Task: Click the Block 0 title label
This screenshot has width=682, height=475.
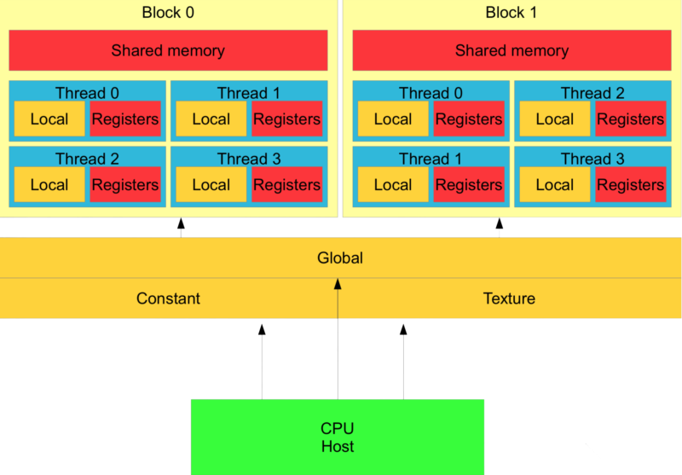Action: click(168, 13)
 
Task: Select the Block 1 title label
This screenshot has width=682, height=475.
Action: click(511, 13)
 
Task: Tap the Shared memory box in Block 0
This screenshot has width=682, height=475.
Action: click(168, 50)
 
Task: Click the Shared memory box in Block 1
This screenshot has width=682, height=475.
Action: click(512, 50)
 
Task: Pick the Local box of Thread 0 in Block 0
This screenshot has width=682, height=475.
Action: click(49, 119)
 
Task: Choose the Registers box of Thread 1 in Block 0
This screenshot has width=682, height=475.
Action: click(287, 119)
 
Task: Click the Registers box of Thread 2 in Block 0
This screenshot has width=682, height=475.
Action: click(125, 184)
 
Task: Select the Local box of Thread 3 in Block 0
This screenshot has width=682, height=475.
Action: click(211, 184)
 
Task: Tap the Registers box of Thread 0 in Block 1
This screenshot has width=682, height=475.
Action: click(469, 119)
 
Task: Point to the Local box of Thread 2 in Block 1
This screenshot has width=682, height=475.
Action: click(555, 119)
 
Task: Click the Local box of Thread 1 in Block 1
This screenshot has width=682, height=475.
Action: click(393, 184)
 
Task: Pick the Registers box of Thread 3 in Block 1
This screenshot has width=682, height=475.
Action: click(631, 184)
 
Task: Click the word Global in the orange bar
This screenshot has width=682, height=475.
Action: click(340, 258)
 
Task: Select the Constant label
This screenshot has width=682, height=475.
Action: click(168, 298)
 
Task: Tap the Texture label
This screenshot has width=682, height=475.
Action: click(509, 298)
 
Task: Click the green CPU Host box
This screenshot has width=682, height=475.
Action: click(338, 437)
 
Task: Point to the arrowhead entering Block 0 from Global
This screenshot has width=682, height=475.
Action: click(181, 223)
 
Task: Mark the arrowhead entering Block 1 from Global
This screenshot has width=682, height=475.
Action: click(500, 223)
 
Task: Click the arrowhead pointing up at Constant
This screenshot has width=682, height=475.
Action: click(262, 329)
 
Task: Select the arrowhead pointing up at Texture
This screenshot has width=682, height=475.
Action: click(403, 329)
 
